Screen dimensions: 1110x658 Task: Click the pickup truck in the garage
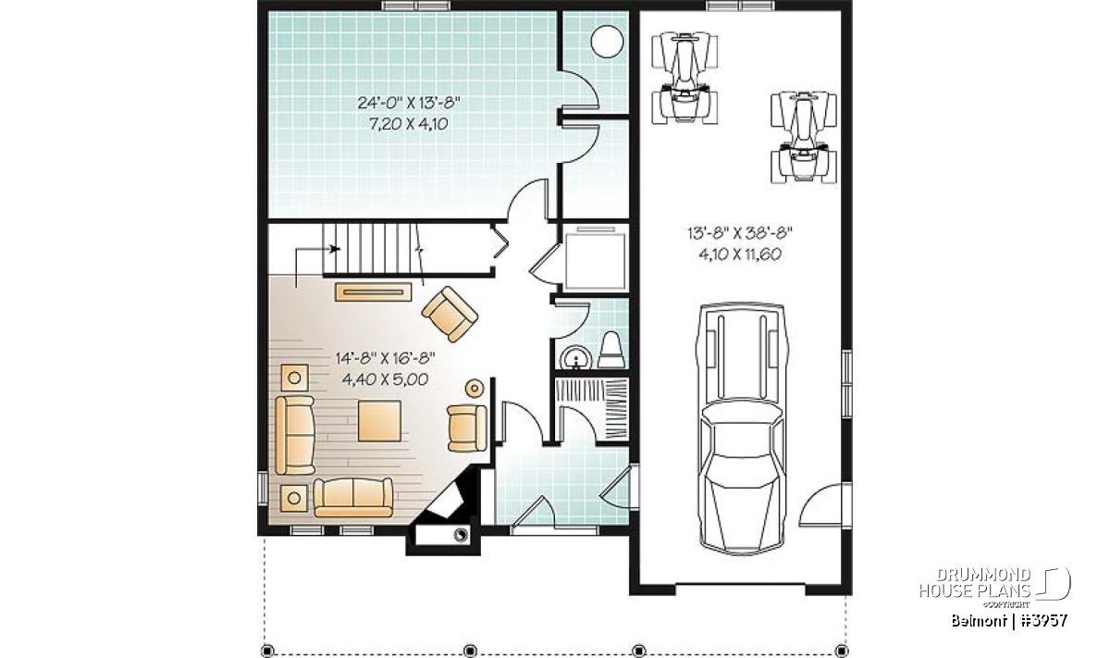[741, 428]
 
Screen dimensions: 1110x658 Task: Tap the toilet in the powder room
[611, 350]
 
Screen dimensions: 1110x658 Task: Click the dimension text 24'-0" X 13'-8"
[409, 103]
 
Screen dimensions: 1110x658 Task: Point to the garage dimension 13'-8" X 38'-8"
[740, 233]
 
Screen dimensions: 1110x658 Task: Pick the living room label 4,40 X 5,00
[385, 379]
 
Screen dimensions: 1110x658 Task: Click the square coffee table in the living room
[379, 421]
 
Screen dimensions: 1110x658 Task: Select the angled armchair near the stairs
[450, 314]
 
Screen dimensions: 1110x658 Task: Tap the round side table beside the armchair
[475, 388]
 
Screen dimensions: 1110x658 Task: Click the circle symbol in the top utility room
[607, 42]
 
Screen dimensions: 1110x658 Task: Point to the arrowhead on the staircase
[336, 248]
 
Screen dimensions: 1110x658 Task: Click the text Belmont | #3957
[1009, 621]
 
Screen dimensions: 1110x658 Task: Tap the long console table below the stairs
[373, 292]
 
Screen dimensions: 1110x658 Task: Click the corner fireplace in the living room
[446, 501]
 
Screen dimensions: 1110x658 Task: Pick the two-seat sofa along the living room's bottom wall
[352, 497]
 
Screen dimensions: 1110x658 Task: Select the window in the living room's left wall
[263, 489]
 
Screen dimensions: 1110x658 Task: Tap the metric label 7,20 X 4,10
[409, 123]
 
